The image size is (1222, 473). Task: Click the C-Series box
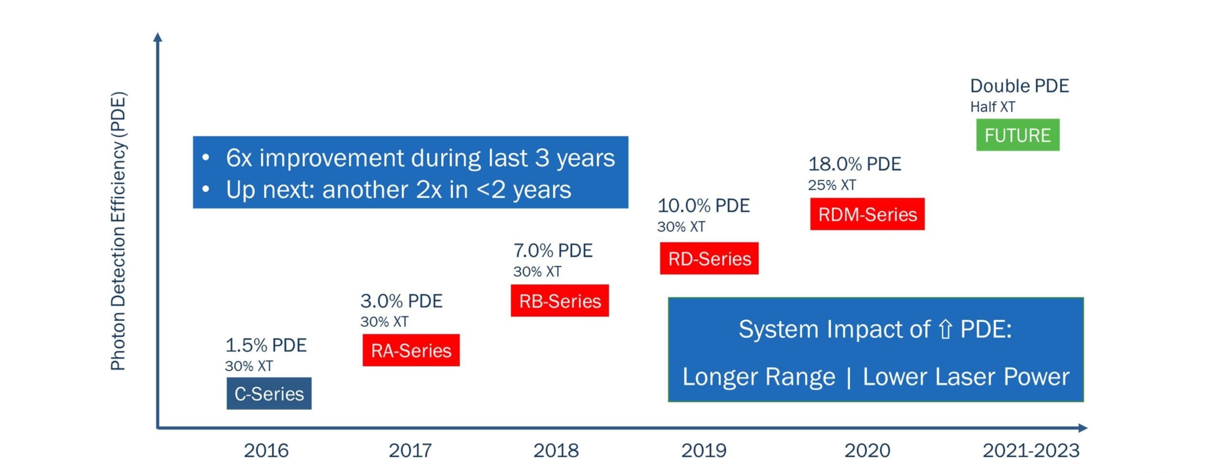[269, 393]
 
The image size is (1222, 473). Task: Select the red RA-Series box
[411, 350]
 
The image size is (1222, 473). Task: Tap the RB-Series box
[559, 301]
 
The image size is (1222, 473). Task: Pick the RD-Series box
[709, 258]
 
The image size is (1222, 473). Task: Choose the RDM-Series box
[867, 214]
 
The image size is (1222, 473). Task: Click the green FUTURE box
[1017, 135]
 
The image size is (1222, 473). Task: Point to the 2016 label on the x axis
[266, 450]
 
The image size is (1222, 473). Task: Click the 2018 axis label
[556, 450]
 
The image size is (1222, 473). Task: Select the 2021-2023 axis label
[1031, 450]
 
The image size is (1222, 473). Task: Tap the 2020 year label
[867, 450]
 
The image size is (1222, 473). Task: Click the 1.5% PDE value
[265, 345]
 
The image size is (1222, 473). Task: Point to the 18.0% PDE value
[854, 164]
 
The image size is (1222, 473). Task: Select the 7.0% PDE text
[552, 250]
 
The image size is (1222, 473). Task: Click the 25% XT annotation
[832, 185]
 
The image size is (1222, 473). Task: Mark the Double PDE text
[1019, 86]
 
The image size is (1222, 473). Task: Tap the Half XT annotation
[992, 107]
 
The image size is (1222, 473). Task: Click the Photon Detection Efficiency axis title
[118, 231]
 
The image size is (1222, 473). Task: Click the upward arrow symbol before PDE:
[945, 329]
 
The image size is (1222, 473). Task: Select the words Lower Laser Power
[966, 376]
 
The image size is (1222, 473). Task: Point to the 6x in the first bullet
[239, 158]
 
